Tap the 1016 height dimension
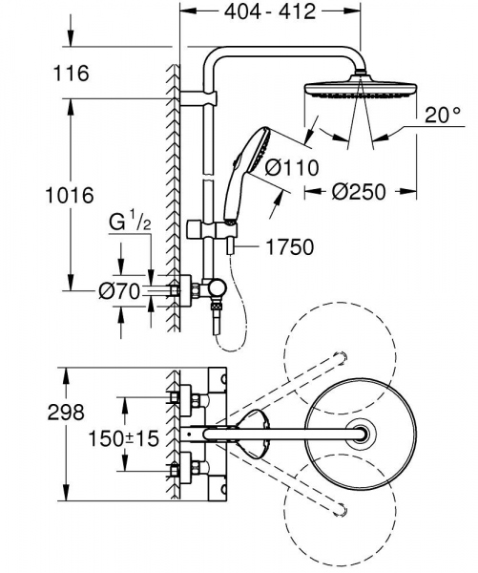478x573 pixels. click(x=70, y=196)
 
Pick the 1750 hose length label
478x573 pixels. click(x=288, y=248)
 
